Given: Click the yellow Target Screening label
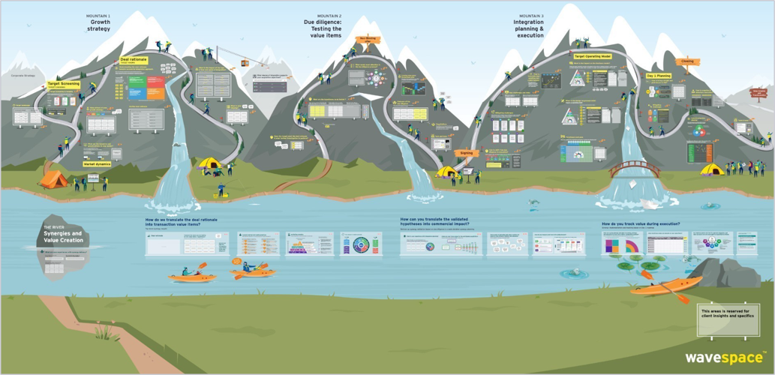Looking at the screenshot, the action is (x=64, y=84).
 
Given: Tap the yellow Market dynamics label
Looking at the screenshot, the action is (x=98, y=163).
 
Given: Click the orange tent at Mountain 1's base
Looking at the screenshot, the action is (x=53, y=178).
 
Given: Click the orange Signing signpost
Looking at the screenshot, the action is (x=466, y=152).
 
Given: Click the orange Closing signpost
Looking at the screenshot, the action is (x=687, y=61).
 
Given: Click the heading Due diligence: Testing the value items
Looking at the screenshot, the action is (x=329, y=29).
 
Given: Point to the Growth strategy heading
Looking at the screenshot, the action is (x=99, y=25).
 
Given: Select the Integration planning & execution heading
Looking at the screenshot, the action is (x=530, y=29).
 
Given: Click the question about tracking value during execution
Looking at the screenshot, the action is (x=646, y=224).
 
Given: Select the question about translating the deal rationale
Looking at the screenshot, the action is (x=183, y=222).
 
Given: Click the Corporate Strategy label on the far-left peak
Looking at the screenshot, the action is (x=23, y=76).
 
